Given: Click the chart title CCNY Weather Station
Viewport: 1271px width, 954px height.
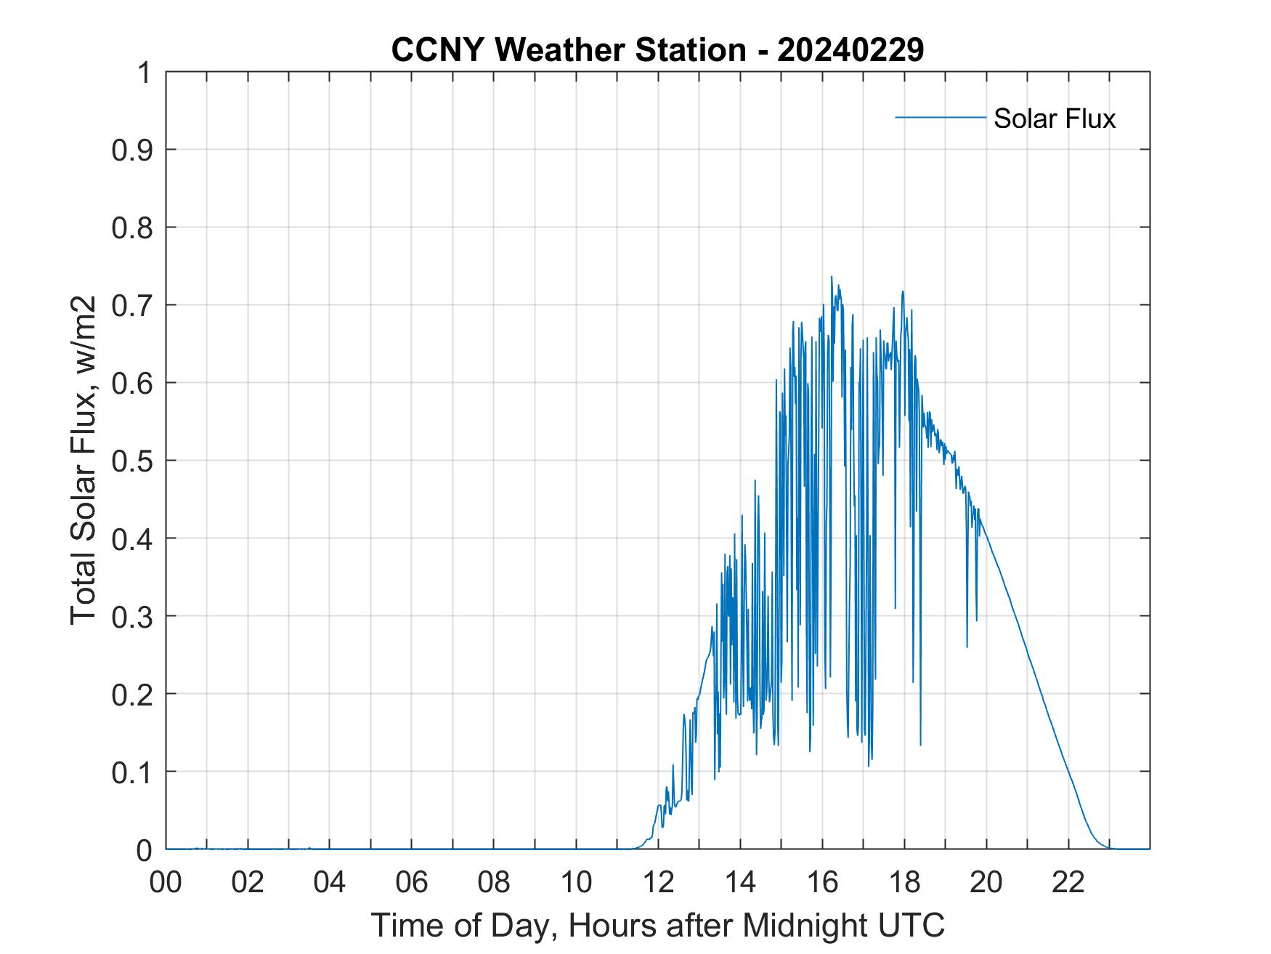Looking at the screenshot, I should point(568,50).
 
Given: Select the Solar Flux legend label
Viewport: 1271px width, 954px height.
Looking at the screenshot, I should point(1054,118).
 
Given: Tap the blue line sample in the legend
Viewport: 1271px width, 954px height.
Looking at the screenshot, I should point(940,117).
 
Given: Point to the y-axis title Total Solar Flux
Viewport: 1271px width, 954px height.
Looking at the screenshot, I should point(84,460).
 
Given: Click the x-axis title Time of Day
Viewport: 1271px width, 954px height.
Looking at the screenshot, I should point(658,925).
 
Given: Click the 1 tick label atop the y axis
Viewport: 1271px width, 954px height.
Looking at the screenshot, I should point(144,73).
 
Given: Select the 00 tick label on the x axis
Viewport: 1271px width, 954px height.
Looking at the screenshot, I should point(166,882).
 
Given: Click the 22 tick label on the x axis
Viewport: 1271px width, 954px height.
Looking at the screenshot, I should point(1068,882).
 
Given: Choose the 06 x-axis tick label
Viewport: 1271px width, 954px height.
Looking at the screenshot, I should point(412,882).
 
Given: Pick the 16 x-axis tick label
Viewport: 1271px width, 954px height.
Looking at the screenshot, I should point(822,882).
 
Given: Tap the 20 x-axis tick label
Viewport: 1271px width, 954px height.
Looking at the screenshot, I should point(986,882).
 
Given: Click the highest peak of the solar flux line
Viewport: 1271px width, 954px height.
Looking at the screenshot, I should point(832,277).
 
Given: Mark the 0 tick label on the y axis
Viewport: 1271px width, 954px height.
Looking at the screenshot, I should point(144,850).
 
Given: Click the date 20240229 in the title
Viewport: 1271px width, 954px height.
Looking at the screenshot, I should point(850,50).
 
